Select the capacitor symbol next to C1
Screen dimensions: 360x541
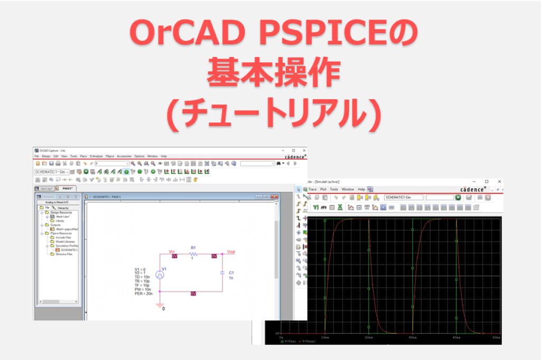pyautogui.click(x=222, y=273)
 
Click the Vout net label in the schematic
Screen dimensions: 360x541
pyautogui.click(x=231, y=251)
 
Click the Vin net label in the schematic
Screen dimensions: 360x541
pyautogui.click(x=171, y=251)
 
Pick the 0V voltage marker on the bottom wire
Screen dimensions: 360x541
pyautogui.click(x=193, y=293)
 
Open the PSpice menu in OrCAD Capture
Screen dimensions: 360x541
pyautogui.click(x=110, y=156)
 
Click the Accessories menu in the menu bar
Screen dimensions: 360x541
pyautogui.click(x=124, y=156)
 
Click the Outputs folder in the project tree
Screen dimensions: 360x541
pyautogui.click(x=56, y=225)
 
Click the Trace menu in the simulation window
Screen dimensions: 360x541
pyautogui.click(x=312, y=189)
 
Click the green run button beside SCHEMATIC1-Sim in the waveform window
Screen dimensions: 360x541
pyautogui.click(x=458, y=197)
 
